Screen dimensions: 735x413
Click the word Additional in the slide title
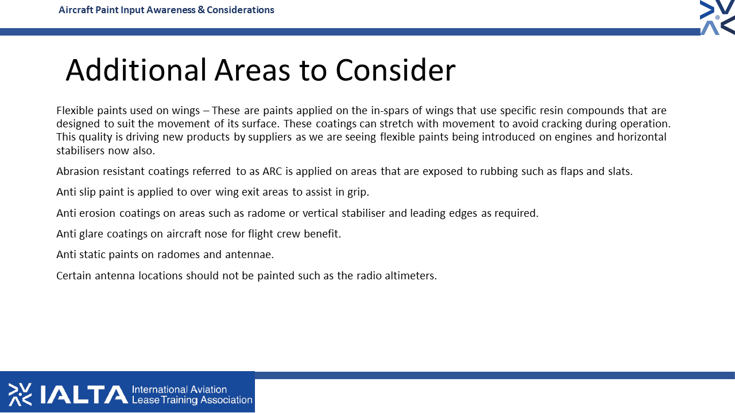point(136,70)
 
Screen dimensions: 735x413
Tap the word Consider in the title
point(396,70)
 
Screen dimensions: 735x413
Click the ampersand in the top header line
point(201,10)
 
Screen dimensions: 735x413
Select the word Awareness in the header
point(171,10)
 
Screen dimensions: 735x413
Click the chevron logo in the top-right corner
point(717,17)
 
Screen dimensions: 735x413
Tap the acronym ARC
point(272,172)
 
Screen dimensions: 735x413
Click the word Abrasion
point(78,172)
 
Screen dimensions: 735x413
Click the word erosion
point(97,213)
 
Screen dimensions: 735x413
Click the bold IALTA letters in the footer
point(84,395)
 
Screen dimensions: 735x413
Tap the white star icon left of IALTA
point(20,394)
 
